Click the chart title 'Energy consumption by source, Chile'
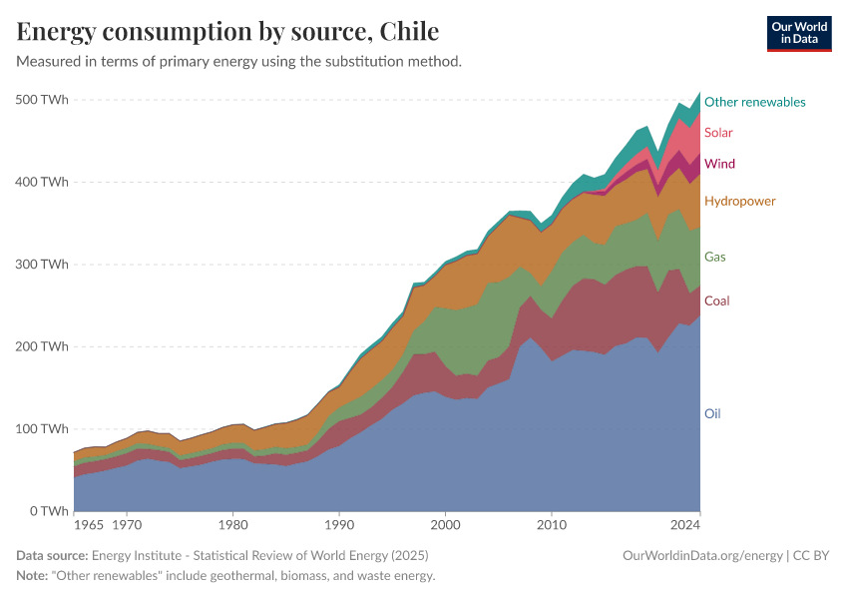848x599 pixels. pos(227,32)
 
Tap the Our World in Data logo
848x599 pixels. pos(798,33)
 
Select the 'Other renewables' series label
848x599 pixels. pos(754,102)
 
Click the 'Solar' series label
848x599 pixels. pos(719,133)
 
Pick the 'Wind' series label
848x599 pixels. pos(719,164)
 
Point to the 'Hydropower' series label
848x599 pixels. pos(739,202)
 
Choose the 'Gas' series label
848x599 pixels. pos(714,257)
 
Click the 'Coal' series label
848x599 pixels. pos(716,300)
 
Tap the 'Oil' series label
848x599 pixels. pos(712,413)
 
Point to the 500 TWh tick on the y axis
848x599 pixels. pos(42,100)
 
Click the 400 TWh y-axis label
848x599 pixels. pos(42,182)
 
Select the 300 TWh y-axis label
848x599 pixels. pos(42,265)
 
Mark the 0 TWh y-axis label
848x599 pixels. pos(47,511)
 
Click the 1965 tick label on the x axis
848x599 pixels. pos(88,524)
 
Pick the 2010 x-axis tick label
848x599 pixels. pos(552,524)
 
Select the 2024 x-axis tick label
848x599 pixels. pos(685,524)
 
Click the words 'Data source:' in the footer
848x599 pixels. pos(52,555)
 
